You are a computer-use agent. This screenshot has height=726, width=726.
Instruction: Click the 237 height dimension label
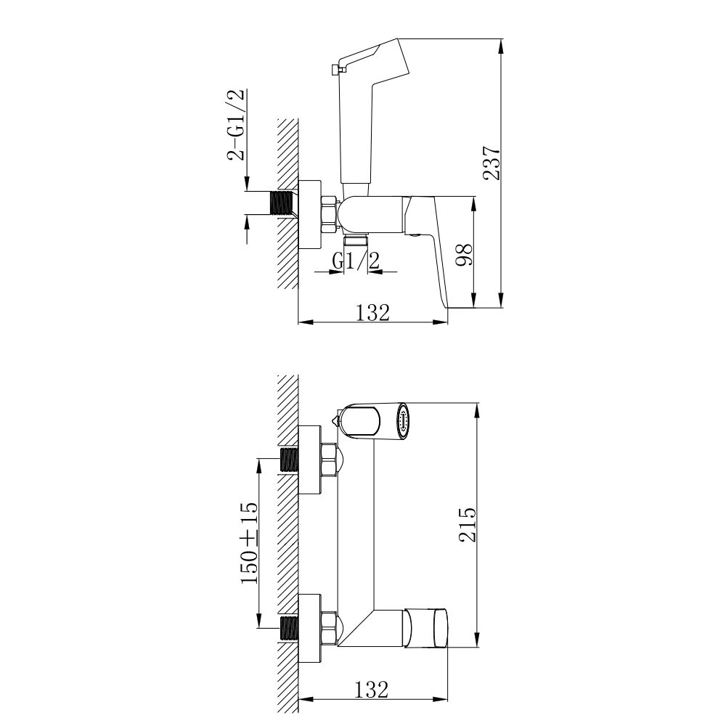492,163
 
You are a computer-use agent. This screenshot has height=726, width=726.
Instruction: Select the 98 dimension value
465,254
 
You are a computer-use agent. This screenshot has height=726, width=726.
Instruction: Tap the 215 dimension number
467,524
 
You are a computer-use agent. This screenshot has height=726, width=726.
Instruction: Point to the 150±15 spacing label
250,542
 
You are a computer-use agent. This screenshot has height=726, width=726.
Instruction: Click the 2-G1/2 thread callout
235,124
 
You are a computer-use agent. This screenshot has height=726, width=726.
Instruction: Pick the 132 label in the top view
372,312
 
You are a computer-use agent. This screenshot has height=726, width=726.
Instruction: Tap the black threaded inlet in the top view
284,203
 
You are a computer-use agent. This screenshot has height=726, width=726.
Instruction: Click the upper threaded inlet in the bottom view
289,460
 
